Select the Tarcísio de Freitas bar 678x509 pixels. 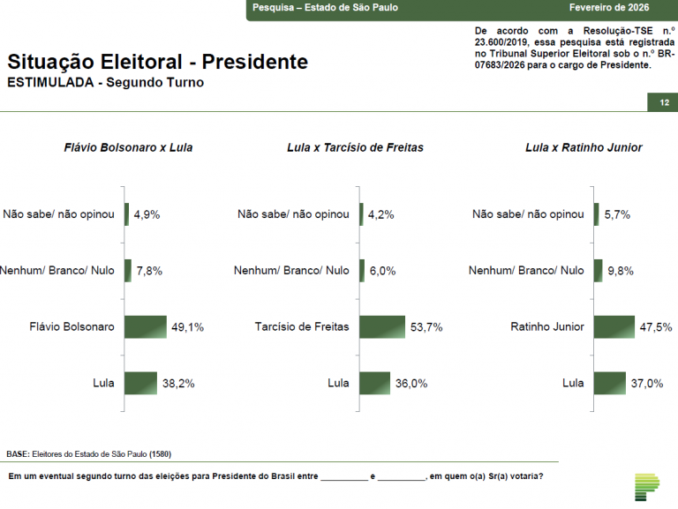pyautogui.click(x=382, y=326)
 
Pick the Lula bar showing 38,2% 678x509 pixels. pyautogui.click(x=140, y=383)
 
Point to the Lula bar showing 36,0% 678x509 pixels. pyautogui.click(x=374, y=383)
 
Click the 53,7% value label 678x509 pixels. pyautogui.click(x=426, y=327)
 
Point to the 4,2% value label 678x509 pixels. pyautogui.click(x=381, y=214)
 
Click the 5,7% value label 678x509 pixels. pyautogui.click(x=617, y=214)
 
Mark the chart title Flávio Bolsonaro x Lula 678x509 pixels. pyautogui.click(x=129, y=147)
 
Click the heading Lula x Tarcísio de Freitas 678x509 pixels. pyautogui.click(x=355, y=147)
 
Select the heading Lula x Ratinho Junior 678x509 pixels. pyautogui.click(x=584, y=147)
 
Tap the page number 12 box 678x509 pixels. pyautogui.click(x=663, y=103)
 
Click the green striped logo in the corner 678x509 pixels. pyautogui.click(x=647, y=486)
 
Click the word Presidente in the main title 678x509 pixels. pyautogui.click(x=255, y=62)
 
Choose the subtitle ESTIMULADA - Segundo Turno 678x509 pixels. pyautogui.click(x=105, y=83)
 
